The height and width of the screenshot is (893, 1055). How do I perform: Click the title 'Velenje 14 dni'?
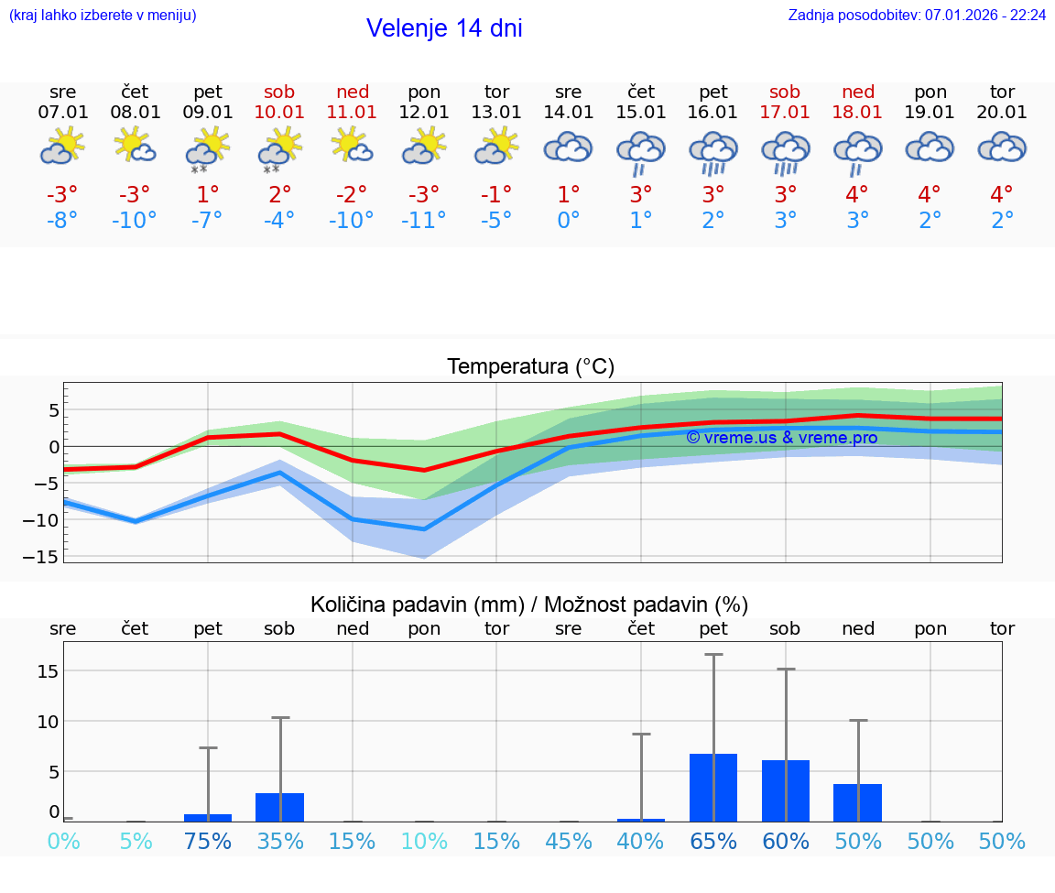[x=444, y=28]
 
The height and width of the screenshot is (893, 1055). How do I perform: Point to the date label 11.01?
[x=353, y=113]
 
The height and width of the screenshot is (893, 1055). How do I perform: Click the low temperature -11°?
[x=424, y=221]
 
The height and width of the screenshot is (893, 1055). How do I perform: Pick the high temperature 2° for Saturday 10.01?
[x=280, y=195]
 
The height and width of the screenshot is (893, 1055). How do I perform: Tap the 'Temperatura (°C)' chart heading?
[x=530, y=367]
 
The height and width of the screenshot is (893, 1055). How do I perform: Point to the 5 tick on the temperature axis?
[x=53, y=409]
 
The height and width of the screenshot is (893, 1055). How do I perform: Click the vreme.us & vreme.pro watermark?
[x=782, y=438]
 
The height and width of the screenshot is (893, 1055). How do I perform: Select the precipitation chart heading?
[x=529, y=604]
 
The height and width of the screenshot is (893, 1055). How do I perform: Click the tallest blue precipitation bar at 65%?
[x=713, y=788]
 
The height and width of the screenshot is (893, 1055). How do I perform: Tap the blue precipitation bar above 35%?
[x=280, y=808]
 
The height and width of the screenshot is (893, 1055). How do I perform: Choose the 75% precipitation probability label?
[x=208, y=841]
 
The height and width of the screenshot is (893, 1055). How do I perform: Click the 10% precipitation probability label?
[x=424, y=841]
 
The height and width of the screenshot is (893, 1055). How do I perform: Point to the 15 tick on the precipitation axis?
[x=48, y=671]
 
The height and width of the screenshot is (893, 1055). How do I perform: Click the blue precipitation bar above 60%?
[x=786, y=790]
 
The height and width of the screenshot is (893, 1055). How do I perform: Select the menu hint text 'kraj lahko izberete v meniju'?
[x=103, y=16]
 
